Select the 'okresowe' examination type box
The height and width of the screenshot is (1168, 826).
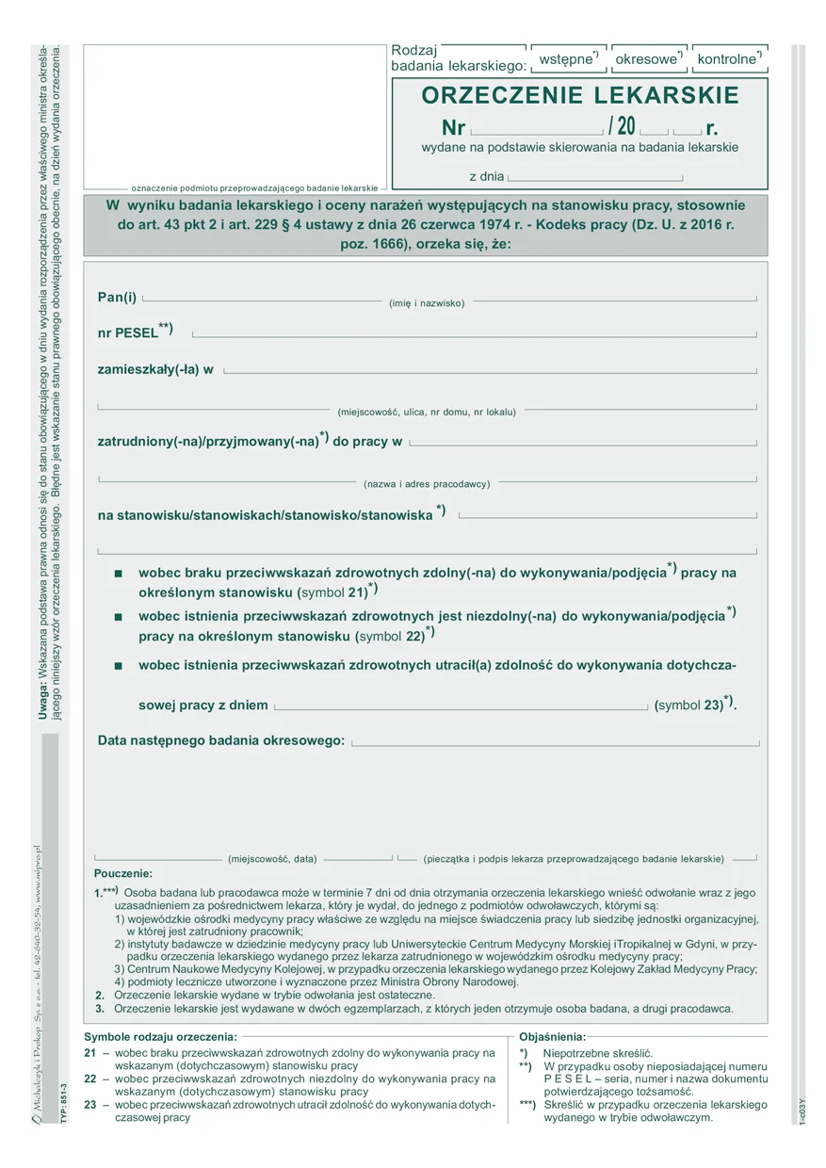[648, 59]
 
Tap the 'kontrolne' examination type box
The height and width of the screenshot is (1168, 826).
[729, 59]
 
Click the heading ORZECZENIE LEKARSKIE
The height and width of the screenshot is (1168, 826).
[580, 95]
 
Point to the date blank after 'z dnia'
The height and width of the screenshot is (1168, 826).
[594, 177]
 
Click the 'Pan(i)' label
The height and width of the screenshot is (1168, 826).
[117, 298]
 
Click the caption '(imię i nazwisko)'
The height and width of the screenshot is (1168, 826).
[427, 303]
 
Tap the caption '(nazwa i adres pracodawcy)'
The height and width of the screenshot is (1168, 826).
[427, 484]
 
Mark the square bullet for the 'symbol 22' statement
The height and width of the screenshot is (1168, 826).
[118, 617]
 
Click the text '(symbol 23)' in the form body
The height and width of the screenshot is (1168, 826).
[688, 705]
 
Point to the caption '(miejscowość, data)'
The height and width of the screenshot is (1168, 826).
[272, 859]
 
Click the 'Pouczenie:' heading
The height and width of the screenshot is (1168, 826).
[123, 874]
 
